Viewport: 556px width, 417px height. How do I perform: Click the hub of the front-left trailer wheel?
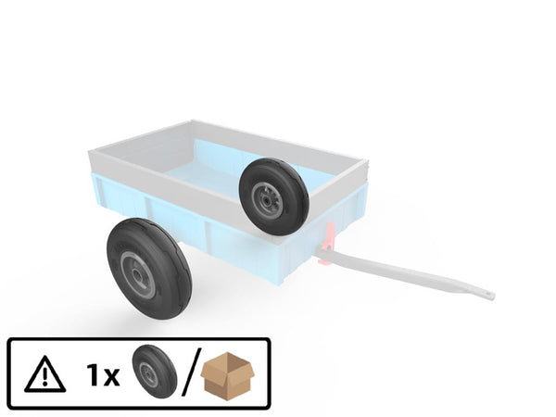point(137,274)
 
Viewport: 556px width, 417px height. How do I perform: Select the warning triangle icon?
point(45,373)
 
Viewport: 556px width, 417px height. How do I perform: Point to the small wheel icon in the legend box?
point(154,371)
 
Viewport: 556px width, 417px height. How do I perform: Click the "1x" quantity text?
point(103,375)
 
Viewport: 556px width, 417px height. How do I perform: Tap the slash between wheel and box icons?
point(192,372)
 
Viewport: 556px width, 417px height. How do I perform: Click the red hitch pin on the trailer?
point(328,244)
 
